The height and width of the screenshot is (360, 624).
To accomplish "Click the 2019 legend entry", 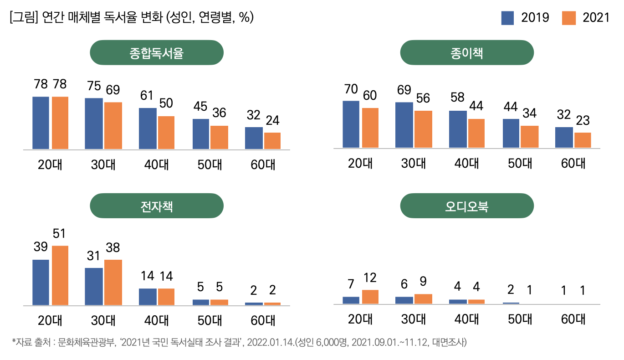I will (x=525, y=18).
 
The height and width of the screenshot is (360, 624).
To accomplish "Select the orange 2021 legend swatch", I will (x=569, y=18).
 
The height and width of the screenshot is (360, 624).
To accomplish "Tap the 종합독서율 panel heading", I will (x=157, y=52).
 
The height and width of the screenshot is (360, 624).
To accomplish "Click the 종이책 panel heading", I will (x=466, y=52).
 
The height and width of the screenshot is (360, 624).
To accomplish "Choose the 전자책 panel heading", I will (x=157, y=206).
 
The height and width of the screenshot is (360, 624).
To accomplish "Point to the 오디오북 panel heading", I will (x=466, y=206).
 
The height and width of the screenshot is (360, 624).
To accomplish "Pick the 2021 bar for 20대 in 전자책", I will (x=60, y=275).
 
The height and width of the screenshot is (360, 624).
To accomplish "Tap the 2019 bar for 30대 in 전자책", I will (x=94, y=286).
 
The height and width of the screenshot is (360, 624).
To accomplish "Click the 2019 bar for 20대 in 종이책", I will (x=351, y=124).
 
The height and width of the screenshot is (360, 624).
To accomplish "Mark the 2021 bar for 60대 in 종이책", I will (x=583, y=140).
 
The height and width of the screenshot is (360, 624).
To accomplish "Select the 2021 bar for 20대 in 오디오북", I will (x=370, y=297).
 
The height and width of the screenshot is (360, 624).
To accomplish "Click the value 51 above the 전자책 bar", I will (x=59, y=234).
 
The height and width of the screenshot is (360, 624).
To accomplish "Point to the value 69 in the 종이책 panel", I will (x=404, y=90).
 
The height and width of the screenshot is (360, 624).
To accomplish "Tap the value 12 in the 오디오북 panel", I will (x=370, y=278).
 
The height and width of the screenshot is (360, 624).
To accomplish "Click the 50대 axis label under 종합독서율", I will (x=210, y=165).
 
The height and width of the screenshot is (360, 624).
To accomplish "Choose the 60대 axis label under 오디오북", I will (x=573, y=319).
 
